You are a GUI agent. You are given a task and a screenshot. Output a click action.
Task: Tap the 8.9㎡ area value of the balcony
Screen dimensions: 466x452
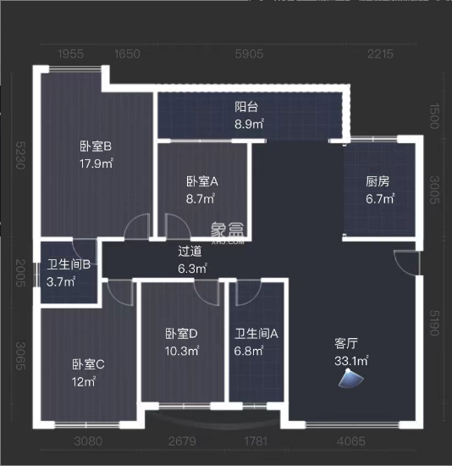point(249,124)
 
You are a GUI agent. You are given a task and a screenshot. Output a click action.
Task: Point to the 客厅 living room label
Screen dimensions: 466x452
point(346,344)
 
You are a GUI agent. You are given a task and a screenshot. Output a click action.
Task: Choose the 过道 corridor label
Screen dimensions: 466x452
point(190,251)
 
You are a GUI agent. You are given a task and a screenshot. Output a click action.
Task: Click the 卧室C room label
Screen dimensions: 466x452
point(87,364)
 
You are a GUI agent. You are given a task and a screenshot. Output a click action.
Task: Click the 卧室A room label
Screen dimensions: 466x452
point(202,181)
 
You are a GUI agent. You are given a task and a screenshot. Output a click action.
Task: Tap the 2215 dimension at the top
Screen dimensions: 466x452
point(381,54)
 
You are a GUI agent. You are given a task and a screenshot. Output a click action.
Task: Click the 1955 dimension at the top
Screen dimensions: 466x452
point(71,54)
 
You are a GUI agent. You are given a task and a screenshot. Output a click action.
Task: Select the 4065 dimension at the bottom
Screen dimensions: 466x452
point(350,441)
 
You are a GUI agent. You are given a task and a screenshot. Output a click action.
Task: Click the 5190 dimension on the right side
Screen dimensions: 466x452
point(437,323)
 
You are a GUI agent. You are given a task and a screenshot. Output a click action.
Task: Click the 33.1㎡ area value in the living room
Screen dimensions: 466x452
point(351,361)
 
